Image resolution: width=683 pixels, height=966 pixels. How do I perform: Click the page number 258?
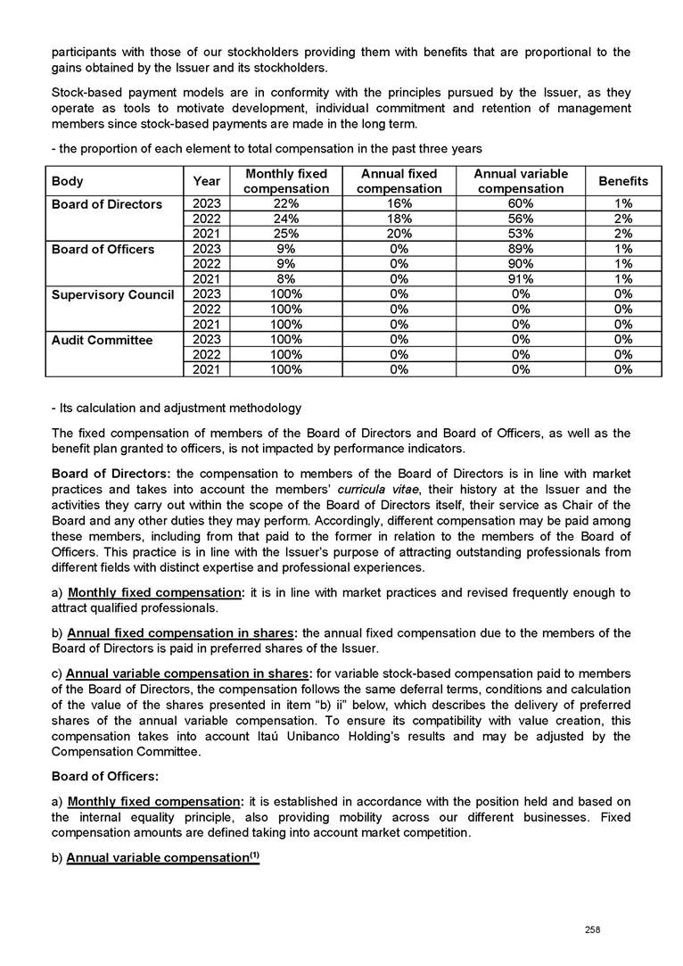(x=591, y=929)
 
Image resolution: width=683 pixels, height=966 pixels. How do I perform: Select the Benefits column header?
(x=623, y=181)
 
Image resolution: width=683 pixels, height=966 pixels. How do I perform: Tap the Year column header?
(x=206, y=181)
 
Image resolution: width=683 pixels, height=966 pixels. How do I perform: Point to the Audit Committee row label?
(x=103, y=339)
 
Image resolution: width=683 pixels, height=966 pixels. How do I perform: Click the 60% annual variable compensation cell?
(x=520, y=204)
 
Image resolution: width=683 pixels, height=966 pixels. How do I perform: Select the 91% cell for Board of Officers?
(x=520, y=278)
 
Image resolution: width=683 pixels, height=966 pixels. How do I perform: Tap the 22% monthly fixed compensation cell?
(x=285, y=204)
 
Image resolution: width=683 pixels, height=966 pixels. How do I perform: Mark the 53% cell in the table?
(x=520, y=234)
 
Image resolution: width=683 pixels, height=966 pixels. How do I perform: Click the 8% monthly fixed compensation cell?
(x=285, y=278)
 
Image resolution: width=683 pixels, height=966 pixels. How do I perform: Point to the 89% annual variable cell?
(x=520, y=249)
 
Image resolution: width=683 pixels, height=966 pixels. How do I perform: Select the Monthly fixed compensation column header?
(x=285, y=181)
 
